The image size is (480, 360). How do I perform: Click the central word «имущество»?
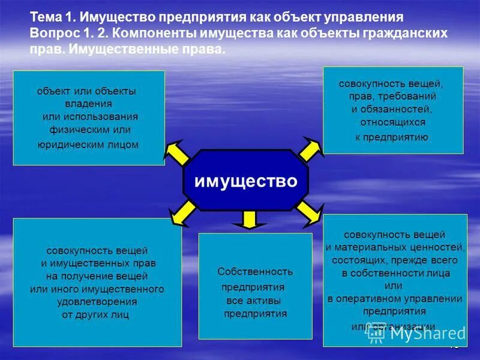coord(245,181)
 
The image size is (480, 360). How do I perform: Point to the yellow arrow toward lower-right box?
coord(310,211)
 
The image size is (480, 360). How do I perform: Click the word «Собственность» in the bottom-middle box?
coord(255,272)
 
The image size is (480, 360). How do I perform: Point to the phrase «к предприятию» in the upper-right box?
coord(392,137)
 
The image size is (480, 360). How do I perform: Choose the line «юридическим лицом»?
coord(88,144)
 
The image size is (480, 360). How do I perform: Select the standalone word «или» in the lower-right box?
coord(394,286)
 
